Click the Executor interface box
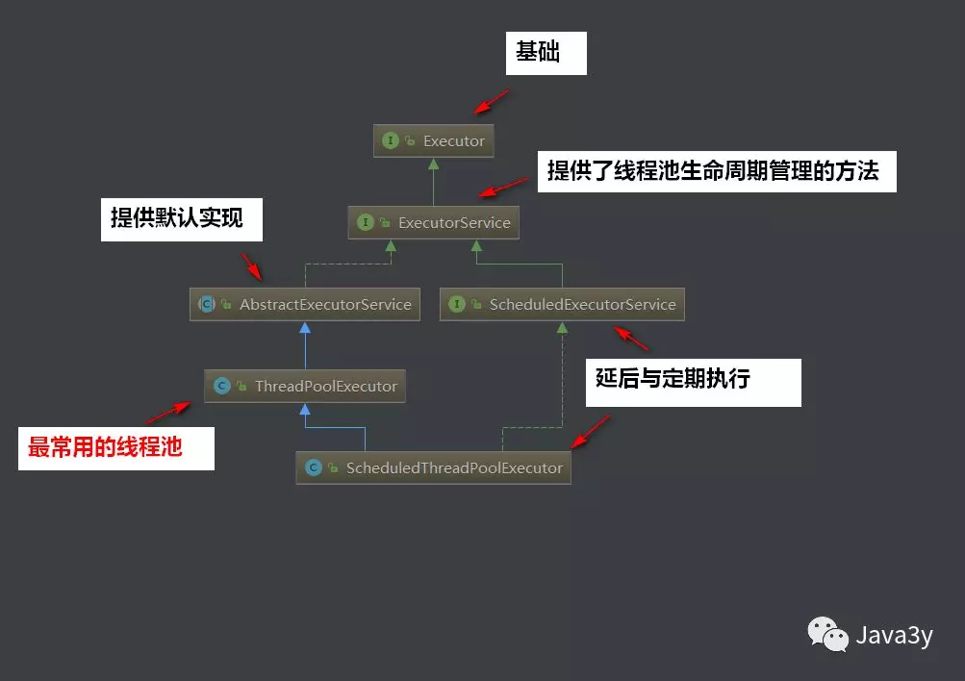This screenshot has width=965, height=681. (x=434, y=140)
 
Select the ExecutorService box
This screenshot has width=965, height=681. (x=434, y=222)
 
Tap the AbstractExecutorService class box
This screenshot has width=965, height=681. (x=305, y=304)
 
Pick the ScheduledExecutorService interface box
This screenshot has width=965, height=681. (x=563, y=304)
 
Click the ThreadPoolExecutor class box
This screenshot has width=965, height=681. (x=305, y=386)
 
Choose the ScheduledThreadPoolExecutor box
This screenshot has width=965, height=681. (x=434, y=467)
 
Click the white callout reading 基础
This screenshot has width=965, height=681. (x=546, y=53)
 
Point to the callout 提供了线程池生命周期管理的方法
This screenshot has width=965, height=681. (x=716, y=171)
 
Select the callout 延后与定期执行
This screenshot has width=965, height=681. (x=694, y=381)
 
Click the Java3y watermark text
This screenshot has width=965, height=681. (x=894, y=636)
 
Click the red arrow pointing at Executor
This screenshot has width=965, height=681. (x=491, y=100)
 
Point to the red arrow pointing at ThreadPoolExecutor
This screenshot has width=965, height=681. (x=168, y=413)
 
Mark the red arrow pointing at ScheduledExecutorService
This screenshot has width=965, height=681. (x=632, y=338)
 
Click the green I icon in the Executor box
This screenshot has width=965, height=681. (x=391, y=140)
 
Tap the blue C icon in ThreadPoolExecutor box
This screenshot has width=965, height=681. (x=221, y=386)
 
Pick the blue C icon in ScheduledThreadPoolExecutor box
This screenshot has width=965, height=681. (x=313, y=467)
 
